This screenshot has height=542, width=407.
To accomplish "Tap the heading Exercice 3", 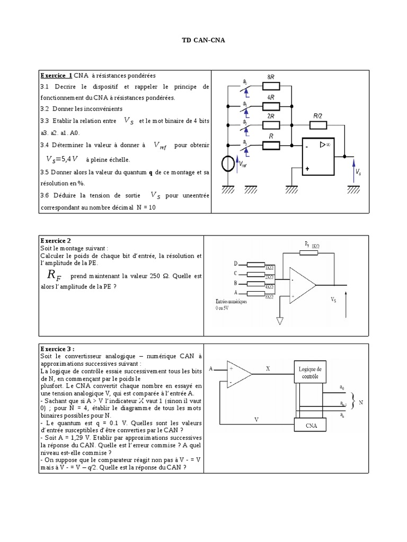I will (57, 349).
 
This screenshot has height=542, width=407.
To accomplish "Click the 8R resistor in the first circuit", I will (270, 86).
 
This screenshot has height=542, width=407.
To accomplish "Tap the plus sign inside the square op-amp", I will (307, 169).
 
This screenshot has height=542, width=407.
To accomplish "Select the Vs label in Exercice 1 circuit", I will (359, 172).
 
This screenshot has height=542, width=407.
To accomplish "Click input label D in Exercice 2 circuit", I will (236, 264).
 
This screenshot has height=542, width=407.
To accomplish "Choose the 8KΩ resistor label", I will (269, 297).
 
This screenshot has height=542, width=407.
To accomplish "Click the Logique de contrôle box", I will (310, 373).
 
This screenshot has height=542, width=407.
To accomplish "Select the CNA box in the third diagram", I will (311, 425).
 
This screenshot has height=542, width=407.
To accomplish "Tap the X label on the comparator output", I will (268, 369).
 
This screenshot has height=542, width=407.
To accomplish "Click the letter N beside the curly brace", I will (361, 403).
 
